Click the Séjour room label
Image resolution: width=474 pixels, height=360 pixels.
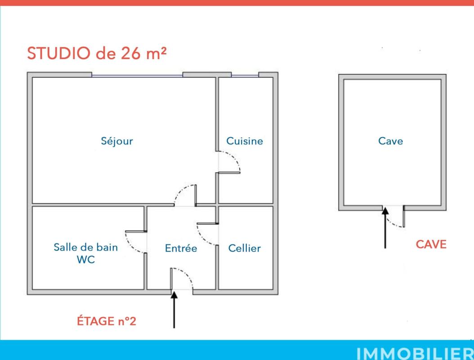point(117,141)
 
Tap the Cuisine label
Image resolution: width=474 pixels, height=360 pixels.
point(245,141)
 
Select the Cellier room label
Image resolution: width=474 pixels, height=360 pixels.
point(244,248)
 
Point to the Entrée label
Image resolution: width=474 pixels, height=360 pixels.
point(181,248)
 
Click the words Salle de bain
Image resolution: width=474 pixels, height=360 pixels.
point(85,247)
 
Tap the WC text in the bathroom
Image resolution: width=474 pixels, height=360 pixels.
point(85,260)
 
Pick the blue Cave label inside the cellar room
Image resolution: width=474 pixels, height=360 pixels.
point(390,141)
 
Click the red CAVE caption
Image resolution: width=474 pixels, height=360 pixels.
point(431,244)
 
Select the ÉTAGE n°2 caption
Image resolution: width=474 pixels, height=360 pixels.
point(107,321)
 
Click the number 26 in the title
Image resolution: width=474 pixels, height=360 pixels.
point(131,53)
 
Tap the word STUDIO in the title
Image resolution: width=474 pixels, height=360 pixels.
point(58,53)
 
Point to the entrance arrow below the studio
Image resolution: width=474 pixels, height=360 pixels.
point(174,310)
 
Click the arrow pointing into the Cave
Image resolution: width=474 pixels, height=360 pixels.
point(385,228)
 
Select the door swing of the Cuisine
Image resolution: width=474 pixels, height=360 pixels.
point(229,162)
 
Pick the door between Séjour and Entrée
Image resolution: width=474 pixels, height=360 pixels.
point(185,195)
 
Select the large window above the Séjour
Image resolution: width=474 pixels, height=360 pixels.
point(137,75)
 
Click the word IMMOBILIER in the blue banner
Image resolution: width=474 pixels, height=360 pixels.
point(415,353)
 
